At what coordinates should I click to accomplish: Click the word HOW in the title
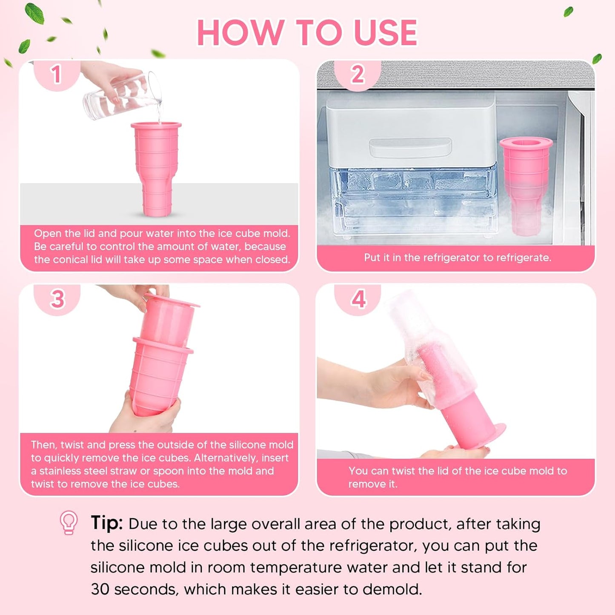pyautogui.click(x=240, y=32)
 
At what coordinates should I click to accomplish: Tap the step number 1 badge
pyautogui.click(x=57, y=74)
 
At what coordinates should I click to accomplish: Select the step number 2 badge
pyautogui.click(x=358, y=74)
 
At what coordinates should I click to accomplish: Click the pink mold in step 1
pyautogui.click(x=156, y=169)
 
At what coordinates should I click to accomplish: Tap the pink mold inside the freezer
pyautogui.click(x=526, y=187)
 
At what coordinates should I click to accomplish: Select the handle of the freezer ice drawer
pyautogui.click(x=410, y=148)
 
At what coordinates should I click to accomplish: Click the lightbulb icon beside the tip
pyautogui.click(x=69, y=523)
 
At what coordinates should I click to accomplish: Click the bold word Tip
pyautogui.click(x=106, y=523)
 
